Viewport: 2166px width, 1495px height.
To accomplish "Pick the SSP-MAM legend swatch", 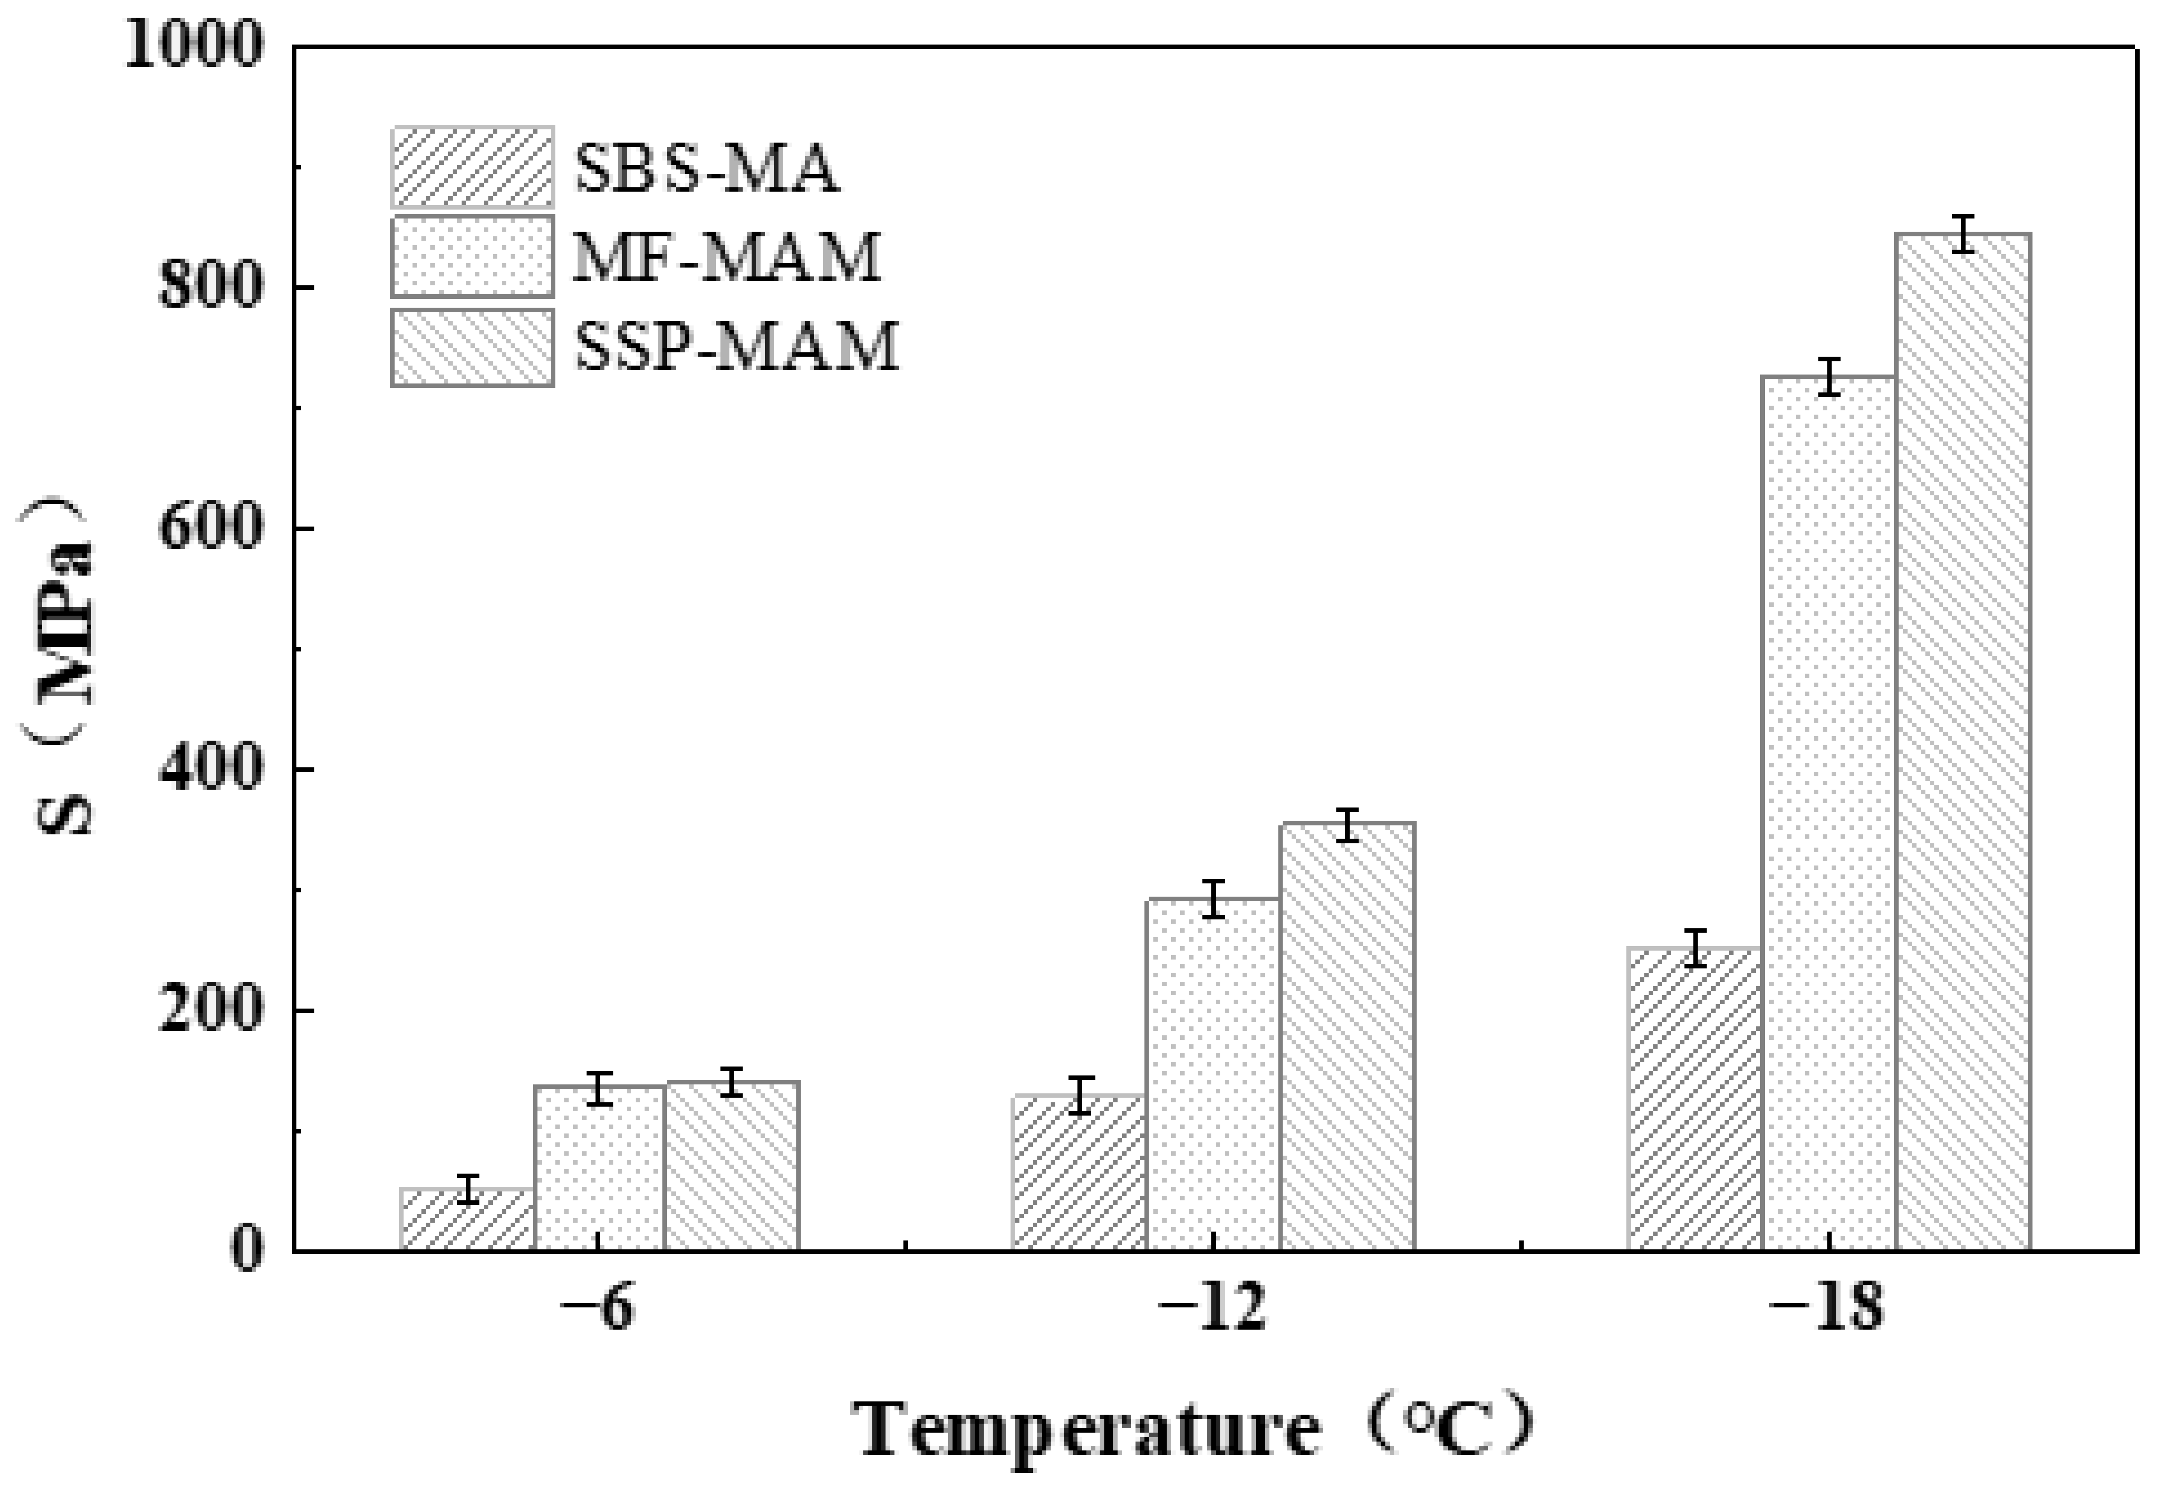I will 472,347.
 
